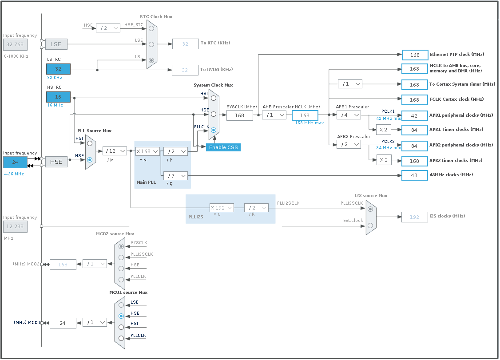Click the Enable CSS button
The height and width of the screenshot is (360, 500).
(223, 147)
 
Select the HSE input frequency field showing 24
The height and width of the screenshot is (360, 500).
(15, 162)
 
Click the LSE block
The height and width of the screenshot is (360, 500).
(56, 44)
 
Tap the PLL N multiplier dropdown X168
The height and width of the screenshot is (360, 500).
(147, 151)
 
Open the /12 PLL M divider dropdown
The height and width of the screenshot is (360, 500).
(115, 151)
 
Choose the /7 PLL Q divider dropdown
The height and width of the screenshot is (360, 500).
(175, 176)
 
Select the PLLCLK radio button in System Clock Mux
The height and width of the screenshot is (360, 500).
(214, 130)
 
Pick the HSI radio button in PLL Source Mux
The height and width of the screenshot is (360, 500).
(90, 143)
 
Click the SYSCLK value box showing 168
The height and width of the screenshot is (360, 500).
(239, 115)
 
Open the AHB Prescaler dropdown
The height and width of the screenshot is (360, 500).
(274, 115)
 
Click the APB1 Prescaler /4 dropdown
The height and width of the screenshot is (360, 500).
(349, 115)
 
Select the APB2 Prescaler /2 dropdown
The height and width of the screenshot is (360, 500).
(349, 144)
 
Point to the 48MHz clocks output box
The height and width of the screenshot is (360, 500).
(415, 175)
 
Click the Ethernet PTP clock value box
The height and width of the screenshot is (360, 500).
(415, 55)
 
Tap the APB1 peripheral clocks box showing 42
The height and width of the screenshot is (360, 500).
(415, 116)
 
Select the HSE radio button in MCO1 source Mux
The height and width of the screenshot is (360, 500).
(121, 316)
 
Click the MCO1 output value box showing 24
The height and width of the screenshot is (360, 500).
(63, 323)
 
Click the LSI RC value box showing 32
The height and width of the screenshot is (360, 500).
(58, 69)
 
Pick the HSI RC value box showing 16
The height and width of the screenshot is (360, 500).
(58, 97)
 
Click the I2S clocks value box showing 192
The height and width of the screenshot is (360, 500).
(415, 217)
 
